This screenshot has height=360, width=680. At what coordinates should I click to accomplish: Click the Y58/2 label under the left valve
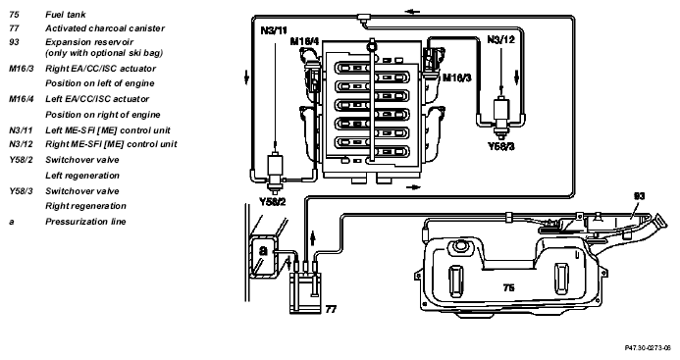tap(273, 202)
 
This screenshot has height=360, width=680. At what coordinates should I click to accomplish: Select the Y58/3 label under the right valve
tap(500, 146)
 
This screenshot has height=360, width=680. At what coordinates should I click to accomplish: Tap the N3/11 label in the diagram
tap(274, 30)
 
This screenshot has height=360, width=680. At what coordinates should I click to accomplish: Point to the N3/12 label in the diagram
tap(500, 40)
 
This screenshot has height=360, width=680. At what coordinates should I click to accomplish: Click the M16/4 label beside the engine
tap(304, 41)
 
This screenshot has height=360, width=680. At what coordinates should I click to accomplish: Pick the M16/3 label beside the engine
tap(456, 77)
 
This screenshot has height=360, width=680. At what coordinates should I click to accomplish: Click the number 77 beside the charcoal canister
tap(331, 309)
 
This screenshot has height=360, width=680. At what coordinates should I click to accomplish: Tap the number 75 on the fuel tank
tap(508, 287)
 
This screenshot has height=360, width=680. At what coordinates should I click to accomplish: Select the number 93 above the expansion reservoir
tap(639, 196)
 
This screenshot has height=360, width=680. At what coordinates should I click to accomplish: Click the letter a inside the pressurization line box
tap(264, 251)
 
